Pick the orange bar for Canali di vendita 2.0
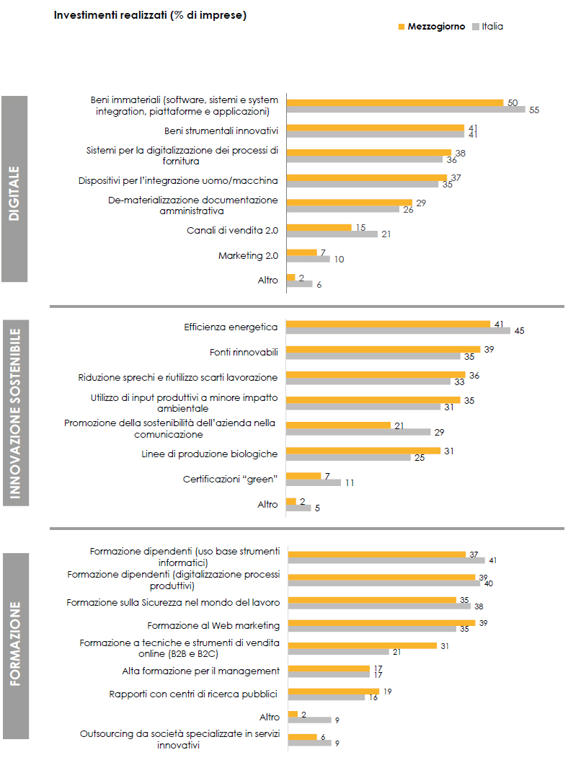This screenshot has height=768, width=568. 319,227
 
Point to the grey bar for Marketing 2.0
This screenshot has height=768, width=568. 308,258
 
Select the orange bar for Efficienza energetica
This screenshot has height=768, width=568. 388,324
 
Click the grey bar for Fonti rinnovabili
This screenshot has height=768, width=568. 373,356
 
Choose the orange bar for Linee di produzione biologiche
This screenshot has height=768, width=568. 363,451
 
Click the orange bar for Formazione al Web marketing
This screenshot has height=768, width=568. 381,622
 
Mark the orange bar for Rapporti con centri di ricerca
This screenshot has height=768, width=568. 333,691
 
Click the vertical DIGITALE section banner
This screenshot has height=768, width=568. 14,189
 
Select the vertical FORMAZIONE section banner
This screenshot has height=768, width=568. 15,645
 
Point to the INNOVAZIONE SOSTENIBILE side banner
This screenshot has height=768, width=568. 15,415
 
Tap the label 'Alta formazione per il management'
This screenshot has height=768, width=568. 200,671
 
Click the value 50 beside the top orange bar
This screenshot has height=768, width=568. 512,103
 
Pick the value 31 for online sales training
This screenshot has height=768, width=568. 444,646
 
